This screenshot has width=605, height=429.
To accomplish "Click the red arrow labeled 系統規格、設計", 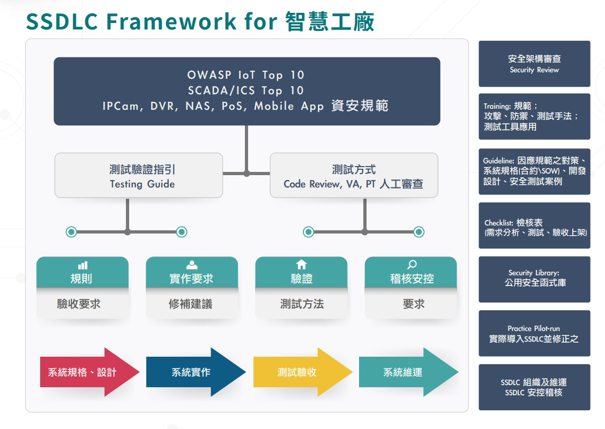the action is (x=89, y=372).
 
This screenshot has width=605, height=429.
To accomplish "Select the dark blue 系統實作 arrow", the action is (x=196, y=372).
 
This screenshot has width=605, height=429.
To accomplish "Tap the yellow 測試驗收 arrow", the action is (x=302, y=372).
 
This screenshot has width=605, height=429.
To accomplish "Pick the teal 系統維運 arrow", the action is (x=408, y=372).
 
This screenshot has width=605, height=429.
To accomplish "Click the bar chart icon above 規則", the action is (x=83, y=266).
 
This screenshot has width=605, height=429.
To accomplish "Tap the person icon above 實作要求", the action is (x=192, y=265).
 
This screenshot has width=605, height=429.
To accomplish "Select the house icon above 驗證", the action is (x=301, y=265).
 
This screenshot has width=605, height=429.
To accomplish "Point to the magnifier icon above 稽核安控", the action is (x=412, y=265).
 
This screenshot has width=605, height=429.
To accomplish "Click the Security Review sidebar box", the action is (x=534, y=64).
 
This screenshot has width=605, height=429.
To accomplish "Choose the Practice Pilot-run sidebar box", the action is (x=534, y=333).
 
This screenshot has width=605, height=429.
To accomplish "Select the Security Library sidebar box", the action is (x=534, y=280).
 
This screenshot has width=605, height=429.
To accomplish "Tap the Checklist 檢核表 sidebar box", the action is (x=534, y=225).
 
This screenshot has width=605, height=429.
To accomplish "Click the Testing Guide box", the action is (x=138, y=175).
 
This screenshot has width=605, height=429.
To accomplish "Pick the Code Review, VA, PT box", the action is (x=354, y=175).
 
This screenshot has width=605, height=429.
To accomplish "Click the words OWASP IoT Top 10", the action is (x=246, y=75).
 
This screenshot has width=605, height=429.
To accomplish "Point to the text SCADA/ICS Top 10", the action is (x=246, y=91).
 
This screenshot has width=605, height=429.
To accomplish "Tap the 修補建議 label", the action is (x=191, y=304).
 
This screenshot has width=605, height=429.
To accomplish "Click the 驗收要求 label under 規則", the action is (x=79, y=304).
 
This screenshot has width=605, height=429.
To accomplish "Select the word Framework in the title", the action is (x=171, y=21).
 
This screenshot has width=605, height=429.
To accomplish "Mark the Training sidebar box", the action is (x=534, y=117).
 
